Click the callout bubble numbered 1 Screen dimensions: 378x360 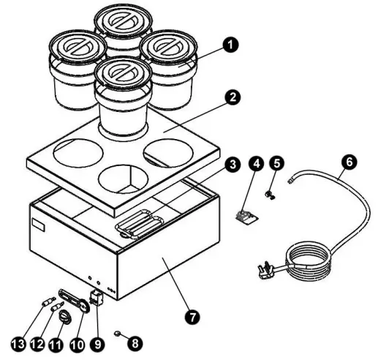(230, 45)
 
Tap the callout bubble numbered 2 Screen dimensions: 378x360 (233, 97)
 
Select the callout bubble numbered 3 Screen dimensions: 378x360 (233, 165)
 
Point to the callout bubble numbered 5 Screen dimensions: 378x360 (276, 163)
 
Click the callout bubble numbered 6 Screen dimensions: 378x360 (349, 162)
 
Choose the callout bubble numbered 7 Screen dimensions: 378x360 (192, 318)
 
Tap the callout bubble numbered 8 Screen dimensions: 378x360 (135, 343)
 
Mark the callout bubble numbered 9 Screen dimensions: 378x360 (98, 345)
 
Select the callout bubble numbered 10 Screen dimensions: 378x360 (78, 345)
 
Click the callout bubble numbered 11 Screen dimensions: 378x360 (56, 345)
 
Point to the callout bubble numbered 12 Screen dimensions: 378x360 (38, 345)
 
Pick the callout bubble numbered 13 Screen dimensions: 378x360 (19, 345)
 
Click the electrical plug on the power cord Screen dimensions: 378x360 (268, 270)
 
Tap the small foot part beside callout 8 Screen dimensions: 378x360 (118, 333)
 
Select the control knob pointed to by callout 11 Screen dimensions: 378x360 (65, 317)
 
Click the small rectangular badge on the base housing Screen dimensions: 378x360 (38, 225)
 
